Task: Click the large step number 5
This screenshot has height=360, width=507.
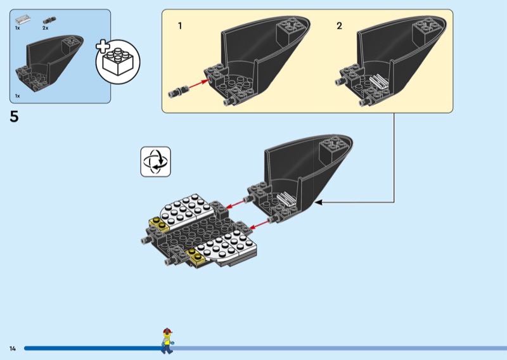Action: pyautogui.click(x=15, y=117)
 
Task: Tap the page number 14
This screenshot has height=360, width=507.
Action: pyautogui.click(x=13, y=348)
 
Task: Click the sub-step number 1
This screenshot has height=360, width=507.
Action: pyautogui.click(x=180, y=26)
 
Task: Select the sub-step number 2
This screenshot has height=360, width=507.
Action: pyautogui.click(x=339, y=26)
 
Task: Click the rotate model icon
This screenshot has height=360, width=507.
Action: pyautogui.click(x=155, y=161)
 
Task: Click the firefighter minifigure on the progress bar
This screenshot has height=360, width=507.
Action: pyautogui.click(x=167, y=340)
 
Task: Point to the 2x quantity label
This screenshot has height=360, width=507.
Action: pyautogui.click(x=45, y=29)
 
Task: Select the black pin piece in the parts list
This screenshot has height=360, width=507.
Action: pyautogui.click(x=46, y=20)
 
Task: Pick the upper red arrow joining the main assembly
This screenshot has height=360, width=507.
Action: pyautogui.click(x=236, y=203)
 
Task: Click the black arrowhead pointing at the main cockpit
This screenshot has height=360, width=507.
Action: pyautogui.click(x=319, y=202)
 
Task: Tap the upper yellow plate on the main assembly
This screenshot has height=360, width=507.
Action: pyautogui.click(x=157, y=224)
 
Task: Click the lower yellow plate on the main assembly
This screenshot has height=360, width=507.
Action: pyautogui.click(x=196, y=255)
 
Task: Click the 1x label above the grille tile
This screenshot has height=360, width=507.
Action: pyautogui.click(x=18, y=29)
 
